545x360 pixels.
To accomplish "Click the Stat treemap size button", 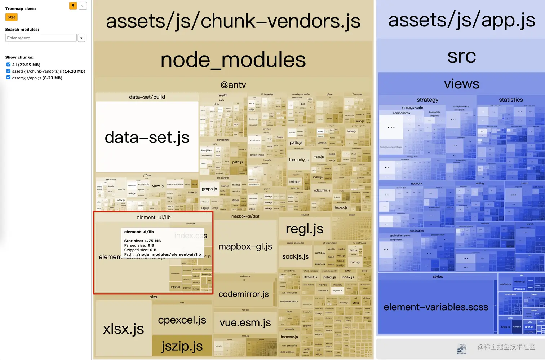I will coord(12,17).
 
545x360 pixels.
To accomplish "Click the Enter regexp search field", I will coord(41,38).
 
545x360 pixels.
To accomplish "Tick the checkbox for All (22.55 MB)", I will coord(8,65).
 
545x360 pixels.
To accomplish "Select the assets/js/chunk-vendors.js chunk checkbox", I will coord(8,71).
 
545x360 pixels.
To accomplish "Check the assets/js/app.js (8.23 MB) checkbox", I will coord(8,78).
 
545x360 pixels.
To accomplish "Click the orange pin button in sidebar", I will coord(73,5).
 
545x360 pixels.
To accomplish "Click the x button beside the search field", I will coord(81,38).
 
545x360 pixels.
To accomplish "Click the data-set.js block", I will coord(147,137).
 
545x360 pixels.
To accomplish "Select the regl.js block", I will coord(304,229).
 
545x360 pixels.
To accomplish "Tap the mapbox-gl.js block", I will coord(245,247).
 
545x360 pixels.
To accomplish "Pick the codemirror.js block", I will coord(243,294).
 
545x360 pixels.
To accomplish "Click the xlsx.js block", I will coord(123,329).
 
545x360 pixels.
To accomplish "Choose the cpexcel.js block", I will coord(182,320).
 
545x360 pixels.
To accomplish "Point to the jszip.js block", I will coord(182,346).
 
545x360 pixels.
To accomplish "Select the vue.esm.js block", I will coord(245,322).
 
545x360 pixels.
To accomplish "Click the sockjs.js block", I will coord(295,256).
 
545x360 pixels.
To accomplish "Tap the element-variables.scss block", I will coord(436,307).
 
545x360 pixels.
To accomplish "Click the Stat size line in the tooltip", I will coord(142,241).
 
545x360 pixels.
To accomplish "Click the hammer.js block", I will coord(289,337).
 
